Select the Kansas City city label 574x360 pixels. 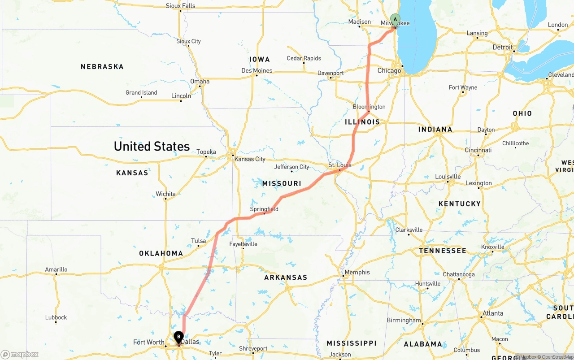click(250, 159)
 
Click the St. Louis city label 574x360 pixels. click(340, 165)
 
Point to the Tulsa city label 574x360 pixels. click(198, 241)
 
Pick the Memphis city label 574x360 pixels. click(357, 272)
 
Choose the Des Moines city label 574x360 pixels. click(257, 70)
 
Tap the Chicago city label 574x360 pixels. click(389, 71)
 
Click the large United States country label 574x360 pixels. click(152, 146)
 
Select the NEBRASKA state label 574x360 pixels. click(102, 67)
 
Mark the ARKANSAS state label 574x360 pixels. click(286, 278)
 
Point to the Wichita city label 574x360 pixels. click(165, 194)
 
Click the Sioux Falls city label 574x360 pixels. click(180, 6)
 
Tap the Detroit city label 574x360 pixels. click(502, 47)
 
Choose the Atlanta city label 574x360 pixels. click(493, 313)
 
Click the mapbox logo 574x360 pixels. click(20, 355)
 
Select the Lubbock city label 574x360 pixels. click(56, 317)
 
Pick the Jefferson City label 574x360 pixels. click(291, 167)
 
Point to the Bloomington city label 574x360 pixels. click(369, 107)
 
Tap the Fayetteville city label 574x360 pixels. click(243, 244)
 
